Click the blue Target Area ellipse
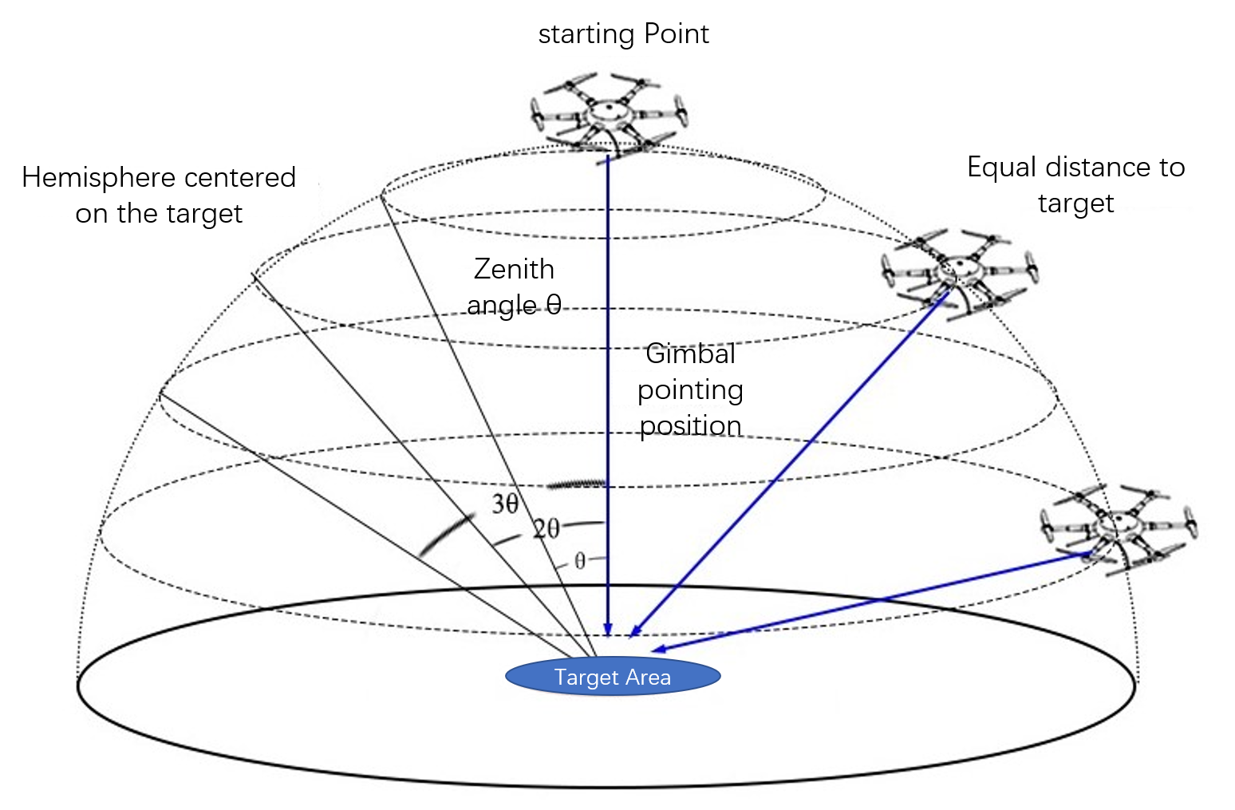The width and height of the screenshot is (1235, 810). [613, 677]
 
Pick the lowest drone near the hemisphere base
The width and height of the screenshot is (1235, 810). [1117, 527]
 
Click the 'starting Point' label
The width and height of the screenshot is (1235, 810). [623, 34]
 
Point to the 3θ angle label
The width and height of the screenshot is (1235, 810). [505, 504]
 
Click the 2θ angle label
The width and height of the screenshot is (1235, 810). [546, 528]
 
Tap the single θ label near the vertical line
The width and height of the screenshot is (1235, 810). [580, 561]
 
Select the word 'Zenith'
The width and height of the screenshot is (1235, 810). [514, 270]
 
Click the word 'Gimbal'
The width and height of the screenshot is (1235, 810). [690, 354]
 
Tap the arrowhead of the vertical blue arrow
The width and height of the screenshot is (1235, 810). [608, 629]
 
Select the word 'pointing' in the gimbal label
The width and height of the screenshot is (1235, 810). [690, 391]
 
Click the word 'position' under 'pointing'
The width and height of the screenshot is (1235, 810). [690, 426]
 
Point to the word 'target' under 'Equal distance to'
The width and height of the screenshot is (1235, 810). [1075, 203]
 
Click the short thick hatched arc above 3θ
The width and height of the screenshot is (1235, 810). [577, 484]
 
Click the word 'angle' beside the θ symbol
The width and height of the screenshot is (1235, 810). [502, 306]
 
